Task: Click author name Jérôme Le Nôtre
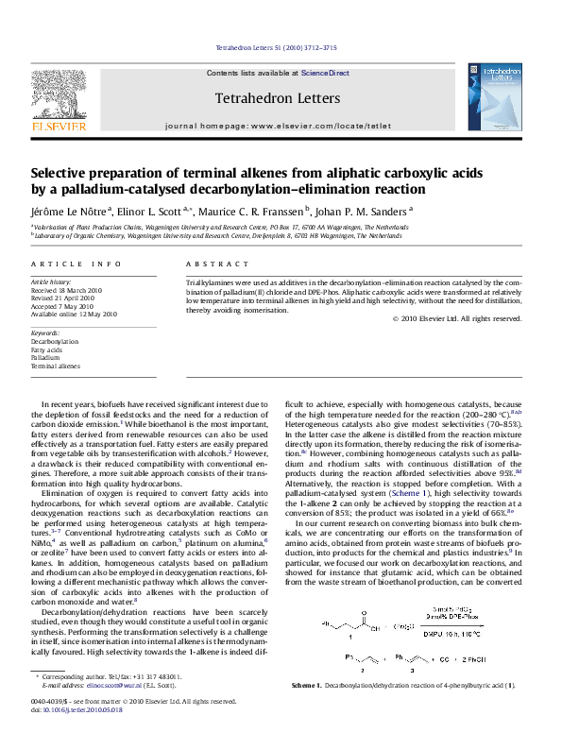(70, 213)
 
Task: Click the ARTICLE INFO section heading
(77, 264)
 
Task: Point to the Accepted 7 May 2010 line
(62, 307)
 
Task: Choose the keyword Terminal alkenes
(56, 366)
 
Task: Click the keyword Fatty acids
(46, 349)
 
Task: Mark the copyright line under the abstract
(456, 319)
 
